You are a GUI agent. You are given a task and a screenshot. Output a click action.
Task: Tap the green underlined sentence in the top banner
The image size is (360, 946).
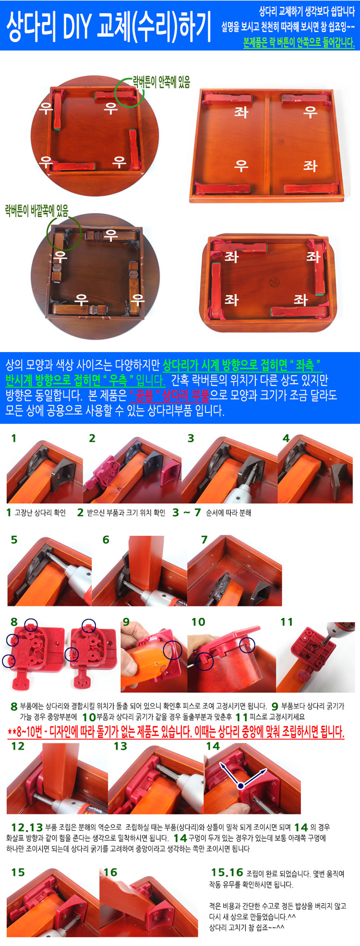pos(299,43)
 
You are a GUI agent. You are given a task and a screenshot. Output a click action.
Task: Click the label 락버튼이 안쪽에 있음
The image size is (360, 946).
pos(162,82)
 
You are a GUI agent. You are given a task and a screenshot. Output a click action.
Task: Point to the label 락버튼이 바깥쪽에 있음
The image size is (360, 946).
pos(37,210)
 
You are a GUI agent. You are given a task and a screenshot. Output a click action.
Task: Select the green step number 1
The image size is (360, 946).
pos(13,438)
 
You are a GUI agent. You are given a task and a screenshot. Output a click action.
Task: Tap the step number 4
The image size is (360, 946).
pos(286,438)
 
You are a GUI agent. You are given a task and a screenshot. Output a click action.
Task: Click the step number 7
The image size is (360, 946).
pos(204,540)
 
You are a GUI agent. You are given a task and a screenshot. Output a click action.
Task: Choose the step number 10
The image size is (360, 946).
pos(198,622)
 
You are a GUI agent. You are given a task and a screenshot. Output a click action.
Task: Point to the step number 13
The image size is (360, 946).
pos(120,746)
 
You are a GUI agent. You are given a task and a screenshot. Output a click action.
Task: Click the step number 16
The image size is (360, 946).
pos(110,872)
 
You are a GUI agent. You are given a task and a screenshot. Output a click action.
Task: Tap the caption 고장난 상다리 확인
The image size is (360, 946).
pos(40,513)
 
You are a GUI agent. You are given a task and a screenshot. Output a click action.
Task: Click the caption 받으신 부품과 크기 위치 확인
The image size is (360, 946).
pos(126,513)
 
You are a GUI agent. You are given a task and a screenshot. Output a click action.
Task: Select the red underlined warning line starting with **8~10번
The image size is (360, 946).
pos(176,732)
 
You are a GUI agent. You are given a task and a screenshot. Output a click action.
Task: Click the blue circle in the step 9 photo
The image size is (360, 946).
pos(172,650)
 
